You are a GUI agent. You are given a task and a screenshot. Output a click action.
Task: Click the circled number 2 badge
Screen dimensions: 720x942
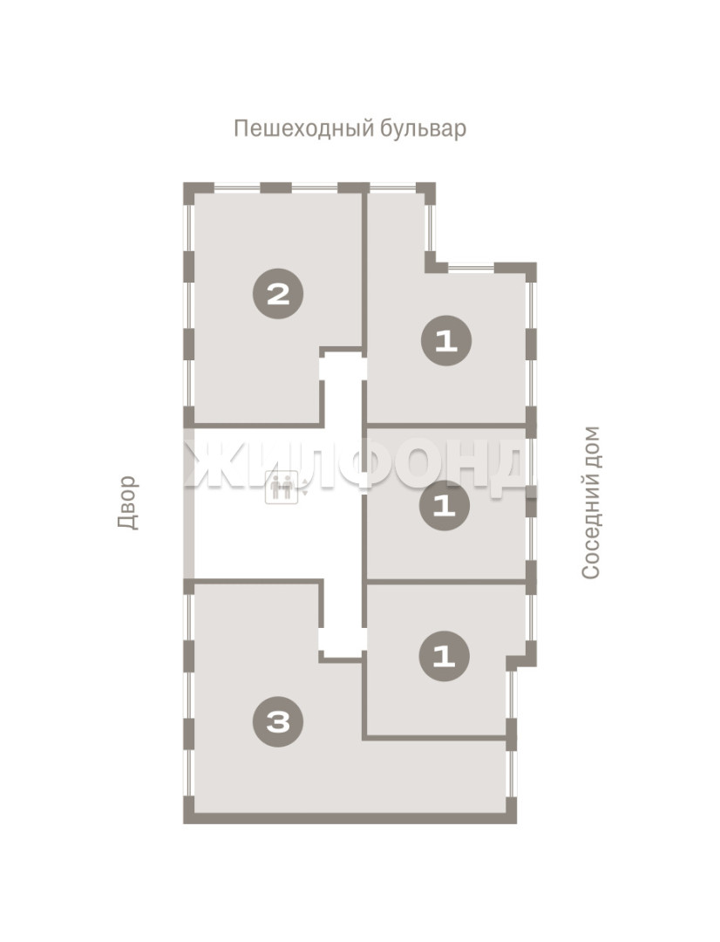click(x=278, y=294)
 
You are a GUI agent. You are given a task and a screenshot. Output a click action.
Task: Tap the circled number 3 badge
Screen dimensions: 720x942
click(x=278, y=721)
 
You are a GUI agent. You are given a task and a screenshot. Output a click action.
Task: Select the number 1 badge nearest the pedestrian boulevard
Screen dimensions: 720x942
click(x=445, y=341)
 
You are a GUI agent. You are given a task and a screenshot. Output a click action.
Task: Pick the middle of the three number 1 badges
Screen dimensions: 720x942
click(x=445, y=505)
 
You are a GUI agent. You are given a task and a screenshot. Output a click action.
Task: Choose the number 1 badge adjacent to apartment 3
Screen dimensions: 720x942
click(x=445, y=655)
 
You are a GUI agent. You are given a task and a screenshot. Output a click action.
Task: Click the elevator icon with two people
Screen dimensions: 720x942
click(x=282, y=487)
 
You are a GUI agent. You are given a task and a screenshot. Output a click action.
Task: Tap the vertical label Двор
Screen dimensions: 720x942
click(x=127, y=502)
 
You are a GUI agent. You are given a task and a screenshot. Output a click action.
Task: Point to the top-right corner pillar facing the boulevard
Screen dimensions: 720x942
click(x=426, y=191)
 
